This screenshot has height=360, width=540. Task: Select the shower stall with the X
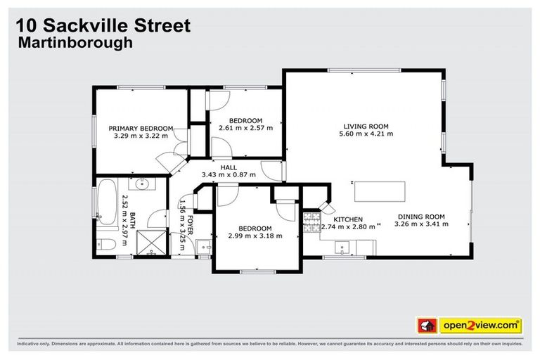click(x=149, y=243)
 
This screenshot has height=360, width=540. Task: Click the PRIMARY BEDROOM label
click(x=141, y=128)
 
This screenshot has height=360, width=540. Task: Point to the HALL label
click(x=229, y=167)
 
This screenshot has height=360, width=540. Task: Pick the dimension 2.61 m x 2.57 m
click(x=245, y=128)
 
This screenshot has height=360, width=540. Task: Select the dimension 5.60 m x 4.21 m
click(x=366, y=133)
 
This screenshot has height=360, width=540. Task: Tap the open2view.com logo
click(x=482, y=326)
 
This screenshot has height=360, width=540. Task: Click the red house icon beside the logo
click(x=426, y=326)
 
